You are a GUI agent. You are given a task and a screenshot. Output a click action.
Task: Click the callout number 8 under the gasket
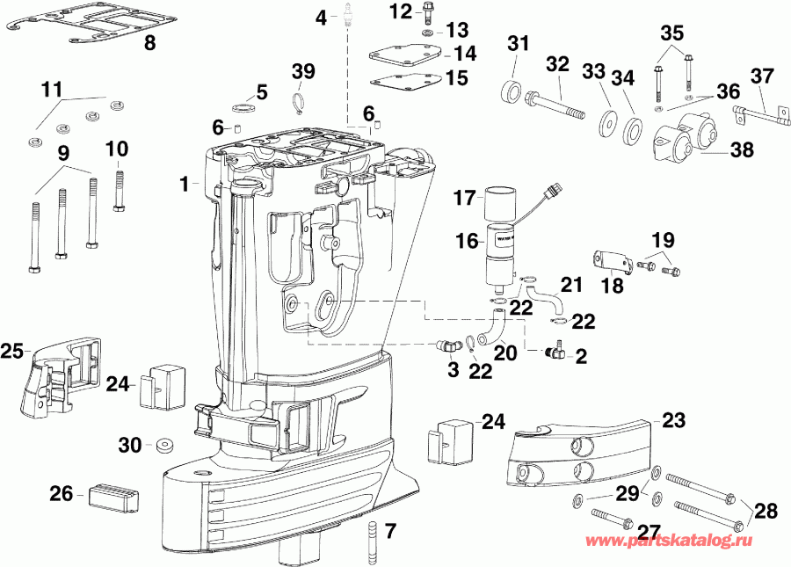[149, 43]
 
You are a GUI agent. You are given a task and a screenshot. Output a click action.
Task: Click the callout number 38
[742, 150]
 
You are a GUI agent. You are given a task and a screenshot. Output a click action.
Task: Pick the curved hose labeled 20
[497, 329]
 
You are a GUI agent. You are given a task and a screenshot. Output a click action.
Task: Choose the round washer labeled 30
[162, 446]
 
